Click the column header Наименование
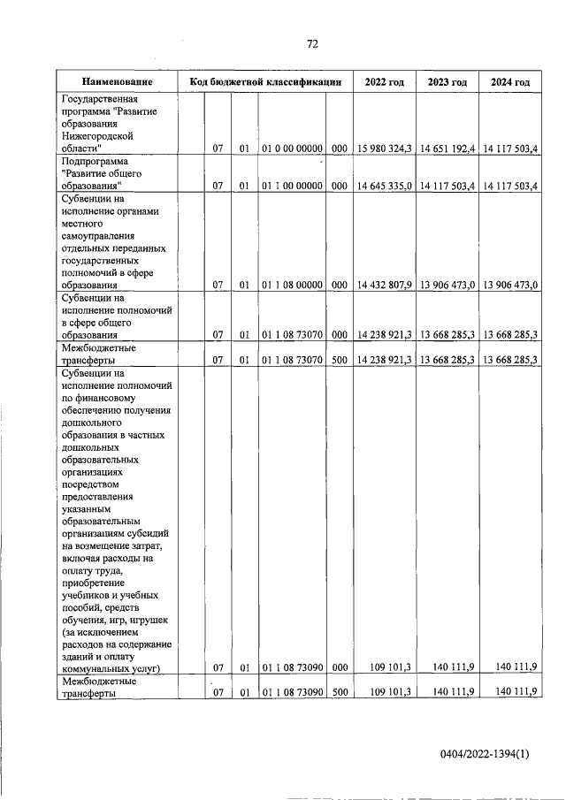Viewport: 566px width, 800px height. coord(117,82)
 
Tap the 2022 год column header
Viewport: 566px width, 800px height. coord(384,82)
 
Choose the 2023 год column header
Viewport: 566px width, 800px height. coord(447,82)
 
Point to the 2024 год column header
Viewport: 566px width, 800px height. coord(509,82)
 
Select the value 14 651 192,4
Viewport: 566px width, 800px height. coord(447,149)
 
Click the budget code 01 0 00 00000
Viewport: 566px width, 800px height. coord(293,149)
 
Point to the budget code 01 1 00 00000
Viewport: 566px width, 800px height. coord(293,186)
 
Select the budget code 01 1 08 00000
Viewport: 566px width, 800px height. coord(293,285)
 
